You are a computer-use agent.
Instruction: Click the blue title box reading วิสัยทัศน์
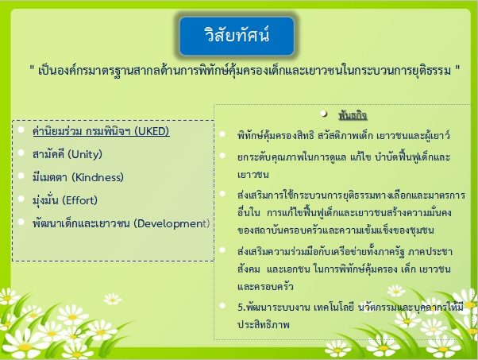click(x=237, y=36)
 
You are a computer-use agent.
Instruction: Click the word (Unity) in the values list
click(x=85, y=154)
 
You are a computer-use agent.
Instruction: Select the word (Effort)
click(x=79, y=200)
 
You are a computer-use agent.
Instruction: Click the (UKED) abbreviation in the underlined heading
click(x=152, y=131)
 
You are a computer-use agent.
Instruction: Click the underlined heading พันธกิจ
click(x=353, y=115)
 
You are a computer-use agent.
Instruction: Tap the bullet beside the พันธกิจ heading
click(x=324, y=114)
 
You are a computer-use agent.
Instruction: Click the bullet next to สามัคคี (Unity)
click(x=21, y=153)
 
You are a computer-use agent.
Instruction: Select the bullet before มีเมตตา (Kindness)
click(x=21, y=176)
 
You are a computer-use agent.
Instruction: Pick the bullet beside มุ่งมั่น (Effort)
click(x=21, y=199)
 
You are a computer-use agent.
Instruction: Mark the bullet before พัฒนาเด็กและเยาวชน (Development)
click(x=21, y=222)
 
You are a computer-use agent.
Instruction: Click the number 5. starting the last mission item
click(x=241, y=307)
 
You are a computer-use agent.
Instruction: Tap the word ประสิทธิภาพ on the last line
click(x=264, y=324)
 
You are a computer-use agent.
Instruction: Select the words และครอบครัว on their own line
click(x=265, y=287)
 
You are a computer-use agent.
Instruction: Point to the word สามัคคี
click(x=48, y=154)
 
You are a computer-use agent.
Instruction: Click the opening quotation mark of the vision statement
click(x=32, y=68)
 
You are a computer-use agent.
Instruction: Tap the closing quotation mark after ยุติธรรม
click(x=457, y=68)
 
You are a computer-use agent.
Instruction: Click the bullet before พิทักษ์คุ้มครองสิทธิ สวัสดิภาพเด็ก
click(x=222, y=134)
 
